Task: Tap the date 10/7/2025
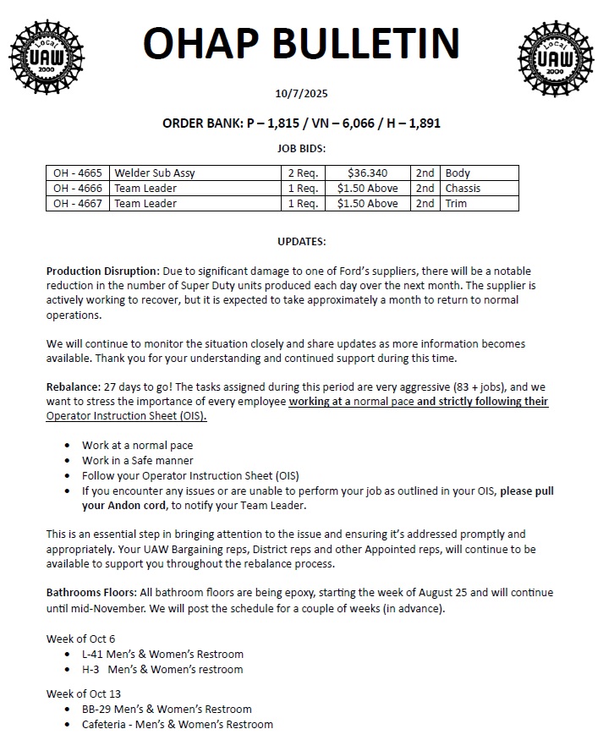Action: click(x=301, y=94)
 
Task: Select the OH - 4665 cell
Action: click(x=78, y=173)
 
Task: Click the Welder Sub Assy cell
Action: click(x=155, y=173)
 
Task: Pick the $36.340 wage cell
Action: click(x=367, y=173)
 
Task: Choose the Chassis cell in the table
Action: click(x=463, y=189)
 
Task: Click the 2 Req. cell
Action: click(x=303, y=173)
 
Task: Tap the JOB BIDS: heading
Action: click(x=301, y=148)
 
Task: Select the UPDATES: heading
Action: click(x=301, y=242)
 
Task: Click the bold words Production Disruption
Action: click(x=101, y=271)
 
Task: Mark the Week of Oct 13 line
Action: click(x=84, y=693)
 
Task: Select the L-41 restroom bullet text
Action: click(x=162, y=654)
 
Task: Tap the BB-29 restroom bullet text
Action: click(x=167, y=709)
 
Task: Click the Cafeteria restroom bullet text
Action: click(x=178, y=724)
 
